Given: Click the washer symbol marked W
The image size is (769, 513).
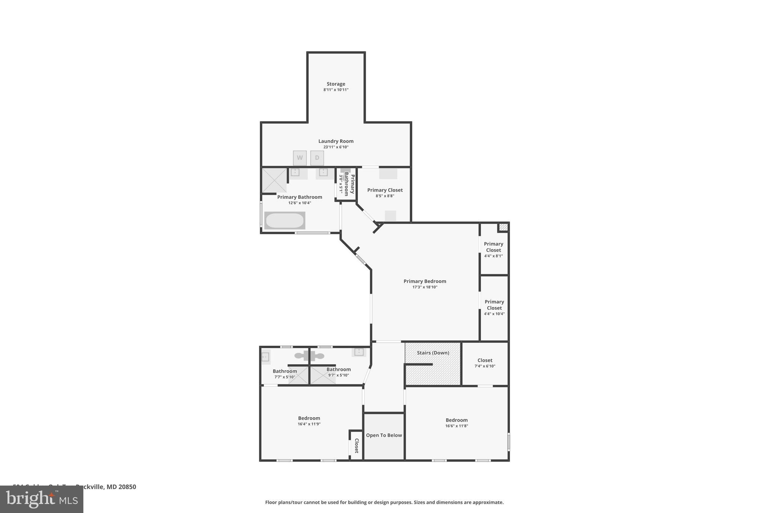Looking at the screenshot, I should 300,158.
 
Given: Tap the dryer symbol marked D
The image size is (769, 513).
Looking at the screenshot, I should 317,158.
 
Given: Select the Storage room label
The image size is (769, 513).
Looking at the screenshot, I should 336,84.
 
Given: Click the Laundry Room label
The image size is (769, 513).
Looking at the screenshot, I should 336,141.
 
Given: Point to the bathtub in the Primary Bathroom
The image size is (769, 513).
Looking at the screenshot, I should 285,221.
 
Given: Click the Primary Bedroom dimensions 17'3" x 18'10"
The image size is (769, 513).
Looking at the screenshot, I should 425,287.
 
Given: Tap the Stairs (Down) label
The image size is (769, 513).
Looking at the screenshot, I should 433,353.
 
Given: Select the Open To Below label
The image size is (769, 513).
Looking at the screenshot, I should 384,435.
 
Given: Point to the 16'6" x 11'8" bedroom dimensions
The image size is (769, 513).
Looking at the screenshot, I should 457,426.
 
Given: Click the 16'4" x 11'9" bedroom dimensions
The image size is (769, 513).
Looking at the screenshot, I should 309,424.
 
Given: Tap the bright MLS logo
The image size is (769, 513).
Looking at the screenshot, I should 42,499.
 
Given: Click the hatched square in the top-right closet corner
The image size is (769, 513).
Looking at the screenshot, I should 503,227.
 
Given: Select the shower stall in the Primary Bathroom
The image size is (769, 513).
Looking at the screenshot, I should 274,180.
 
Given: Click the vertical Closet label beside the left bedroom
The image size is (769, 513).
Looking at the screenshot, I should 356,446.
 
